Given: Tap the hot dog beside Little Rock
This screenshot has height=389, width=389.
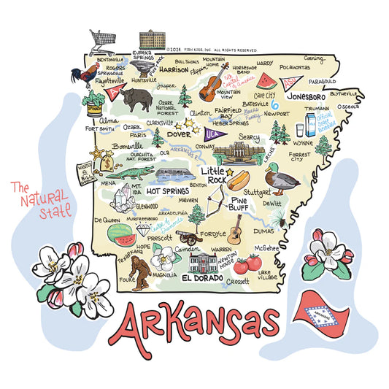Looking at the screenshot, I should tap(243, 179).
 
